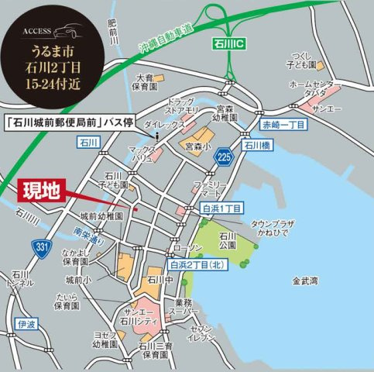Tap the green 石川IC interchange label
pyautogui.click(x=225, y=47)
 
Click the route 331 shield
pyautogui.click(x=39, y=247)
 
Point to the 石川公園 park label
pyautogui.click(x=226, y=242)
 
